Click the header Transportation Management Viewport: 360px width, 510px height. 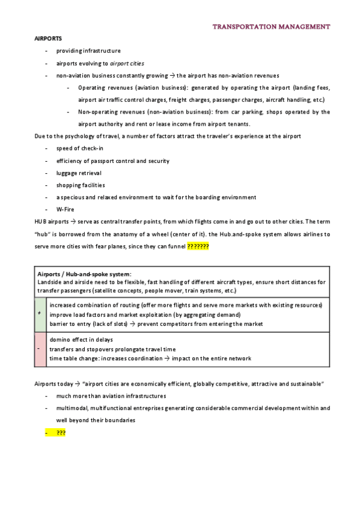(271, 27)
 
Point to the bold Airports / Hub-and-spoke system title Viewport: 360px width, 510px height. (84, 274)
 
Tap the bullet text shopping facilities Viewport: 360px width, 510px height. (81, 185)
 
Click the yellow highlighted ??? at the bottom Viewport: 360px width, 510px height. (61, 432)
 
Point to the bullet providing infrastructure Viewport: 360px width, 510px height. (88, 51)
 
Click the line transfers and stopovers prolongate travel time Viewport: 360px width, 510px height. (112, 349)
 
